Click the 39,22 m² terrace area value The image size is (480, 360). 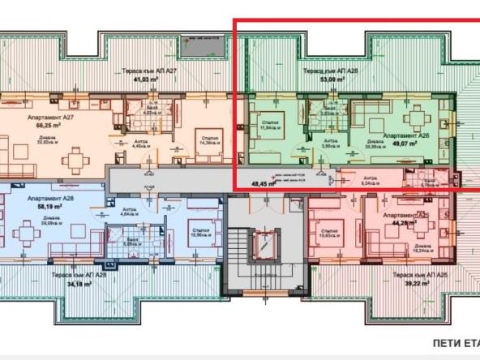(418, 284)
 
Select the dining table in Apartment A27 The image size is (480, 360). (75, 159)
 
